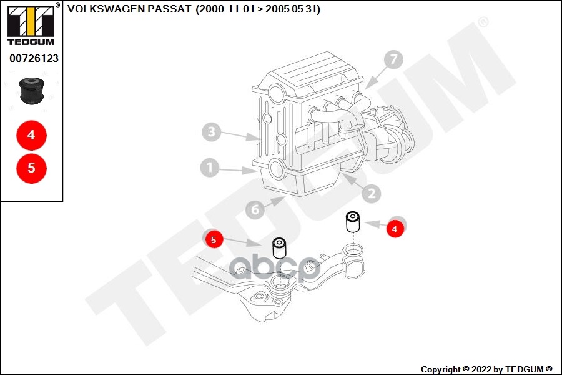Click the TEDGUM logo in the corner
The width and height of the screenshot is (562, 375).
[31, 24]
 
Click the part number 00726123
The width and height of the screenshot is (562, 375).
[34, 58]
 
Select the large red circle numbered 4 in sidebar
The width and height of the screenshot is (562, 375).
[31, 135]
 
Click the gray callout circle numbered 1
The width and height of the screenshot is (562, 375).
[210, 167]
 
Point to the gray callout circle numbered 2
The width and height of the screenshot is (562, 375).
[370, 194]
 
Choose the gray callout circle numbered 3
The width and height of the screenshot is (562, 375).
[212, 132]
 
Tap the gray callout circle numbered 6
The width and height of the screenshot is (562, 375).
[255, 210]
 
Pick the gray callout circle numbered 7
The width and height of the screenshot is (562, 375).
[393, 60]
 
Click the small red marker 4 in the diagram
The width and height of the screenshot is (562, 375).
[394, 229]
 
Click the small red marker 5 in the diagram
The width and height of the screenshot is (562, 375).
[214, 239]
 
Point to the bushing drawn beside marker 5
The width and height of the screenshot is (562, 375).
[279, 248]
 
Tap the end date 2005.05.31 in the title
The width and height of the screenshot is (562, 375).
[291, 9]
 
